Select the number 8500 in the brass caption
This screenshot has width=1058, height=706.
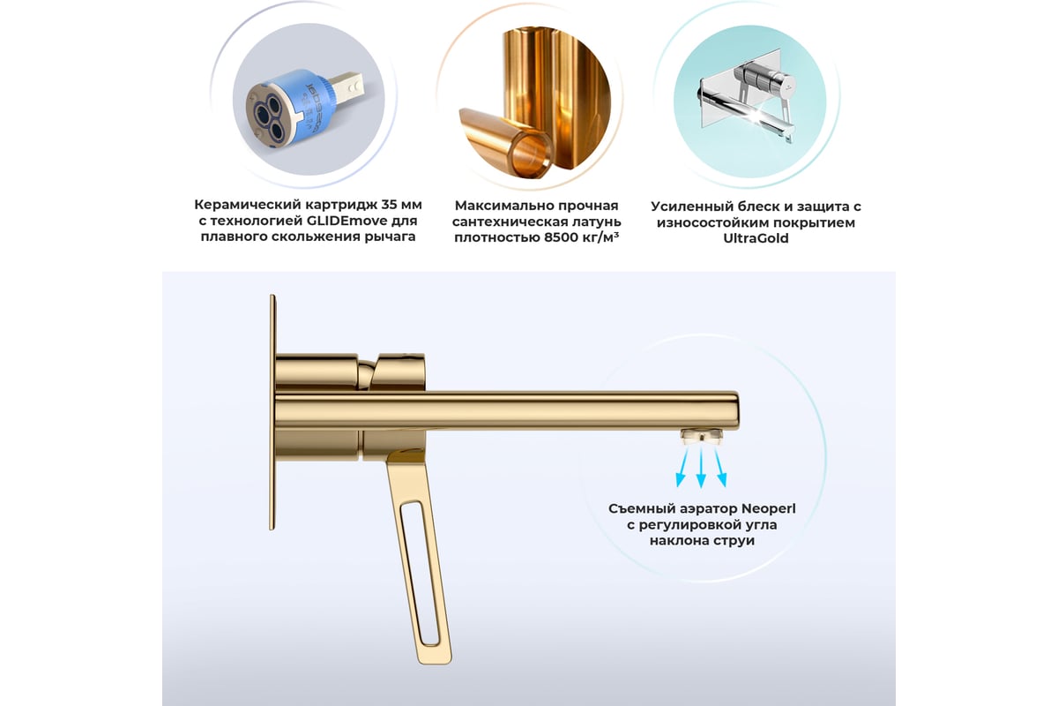(561, 237)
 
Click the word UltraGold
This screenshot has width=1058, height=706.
(756, 238)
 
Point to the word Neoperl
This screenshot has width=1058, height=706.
(769, 509)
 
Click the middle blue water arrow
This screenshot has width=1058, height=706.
(702, 468)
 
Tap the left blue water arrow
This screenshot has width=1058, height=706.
(683, 467)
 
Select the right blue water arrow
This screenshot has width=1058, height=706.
(719, 467)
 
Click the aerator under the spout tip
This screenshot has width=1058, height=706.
(702, 436)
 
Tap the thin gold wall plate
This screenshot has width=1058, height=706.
(272, 412)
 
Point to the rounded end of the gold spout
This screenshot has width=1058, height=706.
(734, 410)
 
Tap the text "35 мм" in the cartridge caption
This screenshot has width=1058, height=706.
(401, 205)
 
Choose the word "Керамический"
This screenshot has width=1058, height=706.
(247, 206)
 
